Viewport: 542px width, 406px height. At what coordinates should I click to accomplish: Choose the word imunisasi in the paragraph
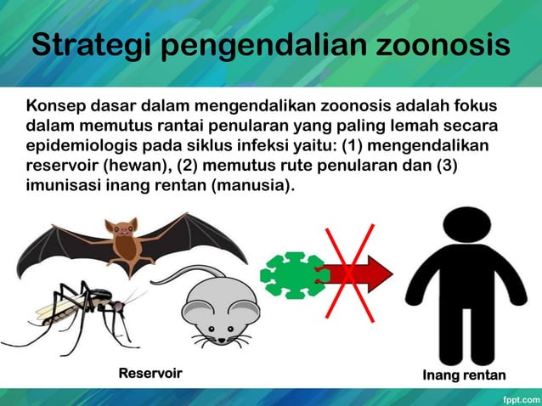(62, 184)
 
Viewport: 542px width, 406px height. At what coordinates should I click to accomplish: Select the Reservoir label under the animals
(150, 374)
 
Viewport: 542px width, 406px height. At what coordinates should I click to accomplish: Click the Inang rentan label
(464, 375)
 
